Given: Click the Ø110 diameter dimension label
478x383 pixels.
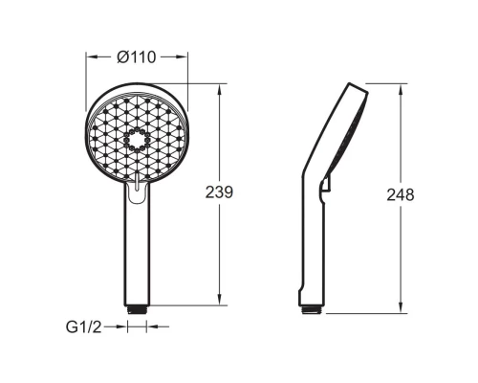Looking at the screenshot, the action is (x=137, y=57).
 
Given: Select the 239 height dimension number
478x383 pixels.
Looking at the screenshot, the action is (x=219, y=192).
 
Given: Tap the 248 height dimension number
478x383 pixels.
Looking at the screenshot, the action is (x=401, y=194).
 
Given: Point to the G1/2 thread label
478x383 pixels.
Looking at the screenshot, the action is (x=83, y=327).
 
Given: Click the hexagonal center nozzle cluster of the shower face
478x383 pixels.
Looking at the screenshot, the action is (x=137, y=140).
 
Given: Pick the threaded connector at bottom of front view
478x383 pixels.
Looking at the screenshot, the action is (x=137, y=309).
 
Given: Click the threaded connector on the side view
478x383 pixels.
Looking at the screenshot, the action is (x=312, y=310).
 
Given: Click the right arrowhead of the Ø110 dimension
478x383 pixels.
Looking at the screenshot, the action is (x=181, y=57).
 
